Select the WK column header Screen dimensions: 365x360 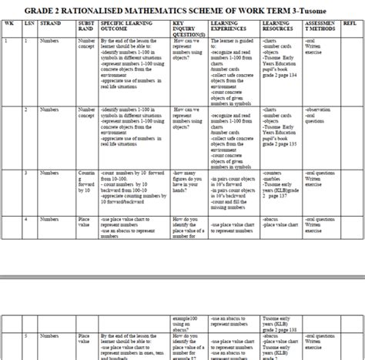[x=9, y=24]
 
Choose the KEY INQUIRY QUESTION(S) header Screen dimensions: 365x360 [x=188, y=29]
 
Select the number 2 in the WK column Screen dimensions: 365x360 [x=8, y=110]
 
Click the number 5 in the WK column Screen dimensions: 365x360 [x=8, y=337]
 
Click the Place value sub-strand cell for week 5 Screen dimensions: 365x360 [x=85, y=340]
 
